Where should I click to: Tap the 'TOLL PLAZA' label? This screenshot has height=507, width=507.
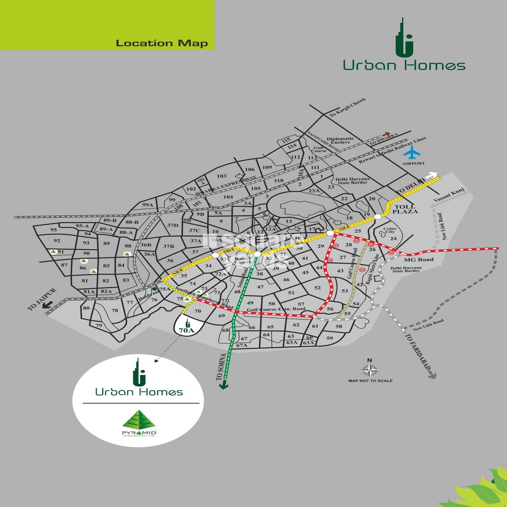405,209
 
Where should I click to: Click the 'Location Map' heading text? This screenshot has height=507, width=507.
162,43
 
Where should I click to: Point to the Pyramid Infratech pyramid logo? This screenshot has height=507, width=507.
139,420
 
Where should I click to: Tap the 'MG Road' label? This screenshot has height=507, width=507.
419,260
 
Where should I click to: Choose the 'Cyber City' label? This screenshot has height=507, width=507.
390,230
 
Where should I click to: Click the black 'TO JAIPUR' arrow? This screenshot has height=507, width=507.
48,305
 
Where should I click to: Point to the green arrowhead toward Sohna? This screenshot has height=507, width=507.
224,385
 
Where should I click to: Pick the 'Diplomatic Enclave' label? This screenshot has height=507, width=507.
340,140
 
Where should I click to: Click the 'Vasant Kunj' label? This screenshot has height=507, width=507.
449,195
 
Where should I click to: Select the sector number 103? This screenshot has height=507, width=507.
221,176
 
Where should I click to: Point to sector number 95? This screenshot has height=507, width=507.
54,230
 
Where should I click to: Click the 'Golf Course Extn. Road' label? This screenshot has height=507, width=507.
276,309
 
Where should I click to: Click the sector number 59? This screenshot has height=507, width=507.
330,338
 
